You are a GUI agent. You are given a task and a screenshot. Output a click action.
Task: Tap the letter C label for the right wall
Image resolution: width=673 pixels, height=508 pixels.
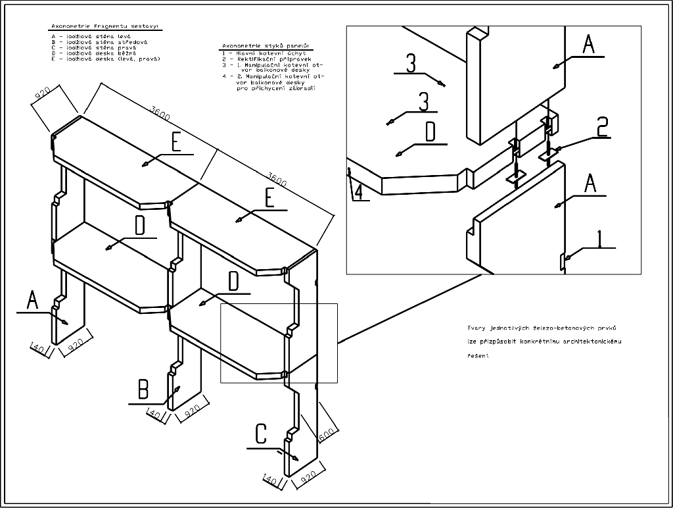pos(261,434)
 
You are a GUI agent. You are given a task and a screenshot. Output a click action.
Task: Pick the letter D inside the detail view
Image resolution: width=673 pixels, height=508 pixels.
pos(430,133)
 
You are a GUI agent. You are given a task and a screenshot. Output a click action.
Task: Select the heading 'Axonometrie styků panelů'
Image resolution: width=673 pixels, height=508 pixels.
pos(266,45)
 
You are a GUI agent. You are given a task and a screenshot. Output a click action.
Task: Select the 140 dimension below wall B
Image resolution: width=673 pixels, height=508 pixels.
pos(155,415)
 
